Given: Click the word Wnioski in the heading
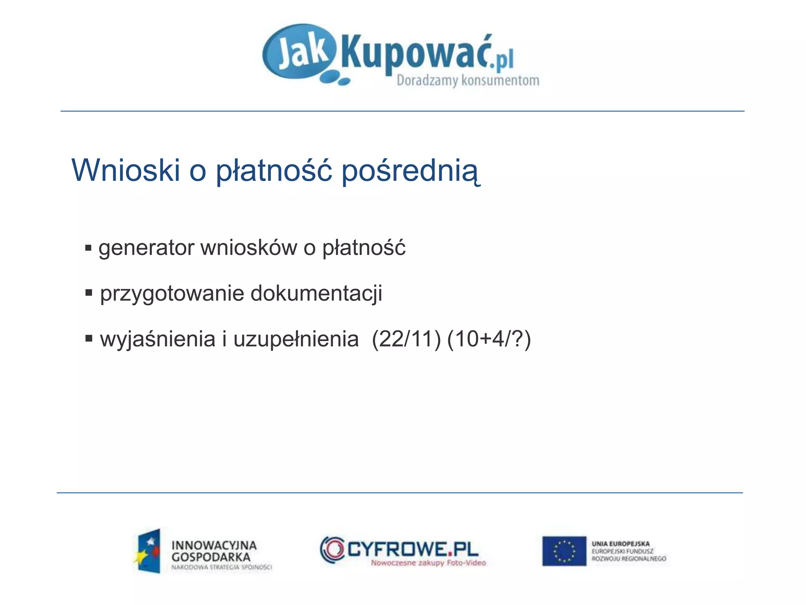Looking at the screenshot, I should pyautogui.click(x=126, y=170).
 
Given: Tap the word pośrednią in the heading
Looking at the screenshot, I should pyautogui.click(x=410, y=171).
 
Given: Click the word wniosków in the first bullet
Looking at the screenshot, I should pyautogui.click(x=249, y=248).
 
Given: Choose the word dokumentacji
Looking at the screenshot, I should pyautogui.click(x=316, y=293).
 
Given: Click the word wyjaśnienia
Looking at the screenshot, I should pyautogui.click(x=157, y=340).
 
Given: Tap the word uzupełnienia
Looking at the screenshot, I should pyautogui.click(x=296, y=340).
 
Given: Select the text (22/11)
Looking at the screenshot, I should pyautogui.click(x=406, y=339).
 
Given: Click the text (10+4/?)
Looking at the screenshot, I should pyautogui.click(x=489, y=339).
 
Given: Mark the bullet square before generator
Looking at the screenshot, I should pyautogui.click(x=88, y=248).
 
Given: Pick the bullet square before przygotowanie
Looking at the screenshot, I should pyautogui.click(x=89, y=293).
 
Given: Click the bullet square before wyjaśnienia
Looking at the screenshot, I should pyautogui.click(x=89, y=338).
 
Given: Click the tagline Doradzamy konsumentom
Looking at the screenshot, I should pyautogui.click(x=468, y=80).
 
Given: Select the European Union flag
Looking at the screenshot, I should pyautogui.click(x=564, y=551).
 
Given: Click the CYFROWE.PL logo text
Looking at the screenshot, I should pyautogui.click(x=412, y=549).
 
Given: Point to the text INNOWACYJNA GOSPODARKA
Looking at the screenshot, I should pyautogui.click(x=214, y=551).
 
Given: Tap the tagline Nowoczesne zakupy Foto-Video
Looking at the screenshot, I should pyautogui.click(x=428, y=563).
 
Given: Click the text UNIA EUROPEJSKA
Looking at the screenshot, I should pyautogui.click(x=620, y=544).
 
